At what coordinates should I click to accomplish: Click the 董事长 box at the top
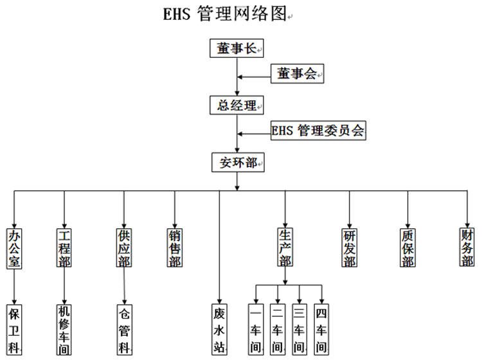(x=237, y=48)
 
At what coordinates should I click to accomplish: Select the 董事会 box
(x=296, y=74)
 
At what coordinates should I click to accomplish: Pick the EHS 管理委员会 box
(x=319, y=131)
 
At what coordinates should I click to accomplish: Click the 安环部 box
(x=237, y=162)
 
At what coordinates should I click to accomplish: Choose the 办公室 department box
(x=14, y=248)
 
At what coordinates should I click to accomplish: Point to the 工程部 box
(x=64, y=248)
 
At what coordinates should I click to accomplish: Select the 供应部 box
(x=124, y=248)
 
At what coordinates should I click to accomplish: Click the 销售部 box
(x=175, y=248)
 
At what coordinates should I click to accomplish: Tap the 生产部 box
(x=285, y=248)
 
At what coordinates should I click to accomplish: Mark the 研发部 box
(x=350, y=248)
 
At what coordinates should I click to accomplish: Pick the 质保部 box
(x=407, y=248)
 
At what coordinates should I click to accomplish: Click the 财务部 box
(x=467, y=248)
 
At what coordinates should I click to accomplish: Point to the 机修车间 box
(x=64, y=328)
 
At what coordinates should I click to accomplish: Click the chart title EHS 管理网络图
(x=225, y=14)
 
